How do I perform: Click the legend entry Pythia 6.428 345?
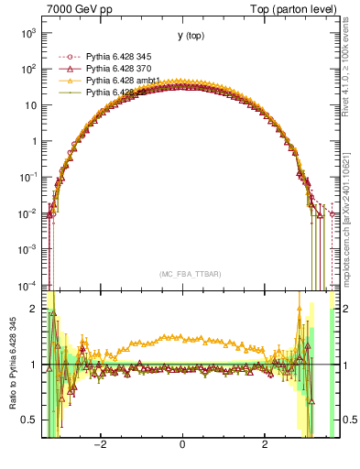pos(119,57)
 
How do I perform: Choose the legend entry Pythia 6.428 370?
pos(119,69)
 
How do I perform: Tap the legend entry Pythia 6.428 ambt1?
pos(123,81)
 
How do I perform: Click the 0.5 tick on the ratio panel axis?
pos(30,420)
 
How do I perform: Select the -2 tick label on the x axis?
pos(102,446)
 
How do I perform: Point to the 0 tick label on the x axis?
pos(183,446)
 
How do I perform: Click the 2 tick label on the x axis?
pos(264,446)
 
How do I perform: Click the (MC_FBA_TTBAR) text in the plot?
pos(183,273)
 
